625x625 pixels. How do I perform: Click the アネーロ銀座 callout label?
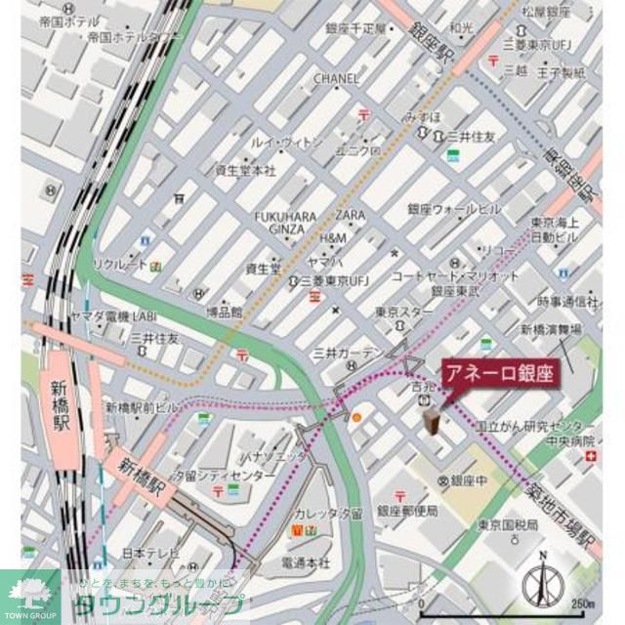point(499,373)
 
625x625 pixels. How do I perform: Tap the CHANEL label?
point(336,78)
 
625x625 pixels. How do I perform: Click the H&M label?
point(333,238)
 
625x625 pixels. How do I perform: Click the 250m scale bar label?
point(584,602)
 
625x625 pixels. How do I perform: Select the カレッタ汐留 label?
point(325,513)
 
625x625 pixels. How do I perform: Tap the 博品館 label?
point(224,312)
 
